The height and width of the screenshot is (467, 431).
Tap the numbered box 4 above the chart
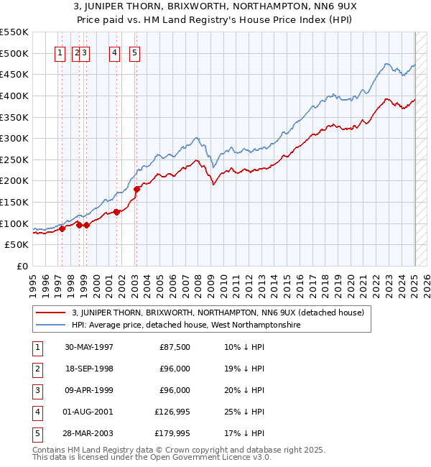click(114, 52)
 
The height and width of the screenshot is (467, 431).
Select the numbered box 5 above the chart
click(135, 52)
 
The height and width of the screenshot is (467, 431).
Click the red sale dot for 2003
click(137, 189)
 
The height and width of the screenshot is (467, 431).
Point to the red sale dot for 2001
click(116, 212)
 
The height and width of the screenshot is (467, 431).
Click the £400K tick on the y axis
click(15, 96)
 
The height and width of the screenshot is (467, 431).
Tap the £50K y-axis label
click(17, 245)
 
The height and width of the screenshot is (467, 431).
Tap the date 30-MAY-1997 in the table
click(88, 347)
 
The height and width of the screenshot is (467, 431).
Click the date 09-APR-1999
click(88, 390)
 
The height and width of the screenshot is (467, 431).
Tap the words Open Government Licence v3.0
click(212, 457)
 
